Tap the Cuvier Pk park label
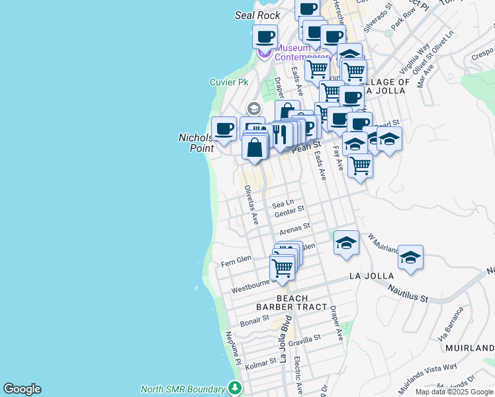[x=229, y=83]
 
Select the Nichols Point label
[x=197, y=143]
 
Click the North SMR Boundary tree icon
[x=234, y=387]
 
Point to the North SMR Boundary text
[x=183, y=388]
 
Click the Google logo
[x=22, y=389]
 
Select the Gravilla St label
[x=304, y=339]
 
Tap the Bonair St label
[x=255, y=320]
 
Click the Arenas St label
[x=291, y=230]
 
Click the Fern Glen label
[x=236, y=259]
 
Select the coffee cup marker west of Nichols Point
[x=224, y=129]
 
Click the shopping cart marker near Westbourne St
[x=282, y=268]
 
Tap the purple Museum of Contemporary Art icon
[x=265, y=52]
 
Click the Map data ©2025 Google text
[x=454, y=392]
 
